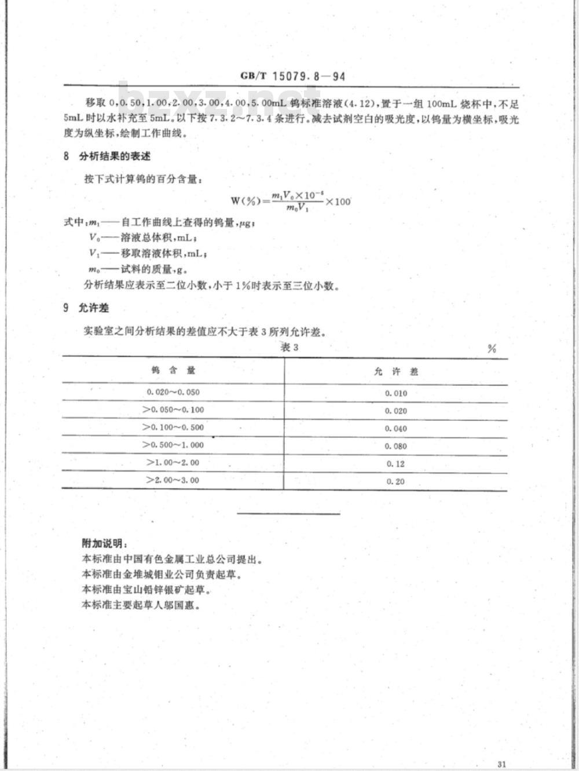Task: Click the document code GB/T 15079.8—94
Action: click(292, 76)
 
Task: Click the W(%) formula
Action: click(291, 201)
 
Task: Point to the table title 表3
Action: click(289, 347)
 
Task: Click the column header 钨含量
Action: click(174, 371)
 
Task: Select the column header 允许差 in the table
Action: click(396, 371)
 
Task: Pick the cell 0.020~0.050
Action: click(173, 392)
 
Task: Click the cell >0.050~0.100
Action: click(173, 410)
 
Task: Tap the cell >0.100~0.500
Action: click(173, 427)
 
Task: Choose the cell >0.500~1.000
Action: click(173, 445)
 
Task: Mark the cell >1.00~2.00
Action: click(173, 462)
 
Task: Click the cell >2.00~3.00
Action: click(173, 480)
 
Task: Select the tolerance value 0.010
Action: click(396, 393)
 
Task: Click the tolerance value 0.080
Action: click(396, 446)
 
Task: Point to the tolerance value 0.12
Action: click(396, 463)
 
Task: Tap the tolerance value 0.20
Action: click(396, 481)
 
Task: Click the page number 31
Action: click(502, 764)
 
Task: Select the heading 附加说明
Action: click(104, 544)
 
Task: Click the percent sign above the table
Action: click(492, 349)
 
